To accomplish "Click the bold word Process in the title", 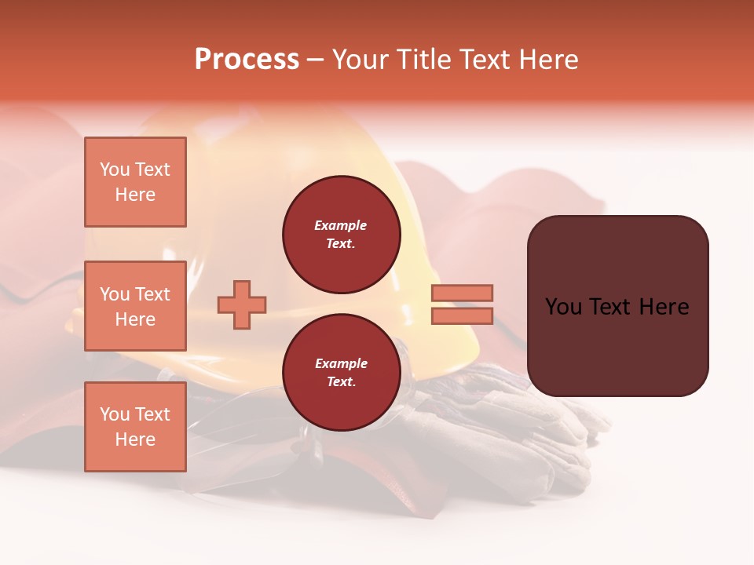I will [247, 60].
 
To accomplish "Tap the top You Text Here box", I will [135, 182].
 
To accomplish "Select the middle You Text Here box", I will [135, 306].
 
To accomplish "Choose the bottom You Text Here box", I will [135, 426].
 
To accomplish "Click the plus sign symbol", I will [242, 305].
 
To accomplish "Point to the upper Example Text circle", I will [342, 235].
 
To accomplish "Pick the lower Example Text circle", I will [342, 373].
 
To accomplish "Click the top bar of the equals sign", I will [462, 293].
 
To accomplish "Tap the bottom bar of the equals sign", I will [462, 316].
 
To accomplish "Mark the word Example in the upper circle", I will [340, 225].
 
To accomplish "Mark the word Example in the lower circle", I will [341, 363].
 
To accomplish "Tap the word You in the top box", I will [115, 169].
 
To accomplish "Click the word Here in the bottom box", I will [135, 439].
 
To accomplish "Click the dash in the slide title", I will [316, 60].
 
